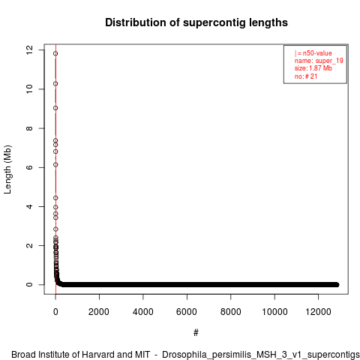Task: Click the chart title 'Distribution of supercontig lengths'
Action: (x=196, y=22)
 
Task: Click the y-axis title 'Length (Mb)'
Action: (x=7, y=169)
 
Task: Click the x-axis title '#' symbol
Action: (x=196, y=333)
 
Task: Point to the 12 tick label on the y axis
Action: (x=29, y=49)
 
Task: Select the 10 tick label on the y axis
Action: (x=29, y=89)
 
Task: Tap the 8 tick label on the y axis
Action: (x=29, y=128)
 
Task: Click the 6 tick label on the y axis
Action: (x=29, y=167)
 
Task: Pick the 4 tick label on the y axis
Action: (x=29, y=206)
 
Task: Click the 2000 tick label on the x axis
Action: (x=99, y=312)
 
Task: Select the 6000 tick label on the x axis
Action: (x=187, y=312)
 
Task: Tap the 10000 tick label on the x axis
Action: (x=274, y=312)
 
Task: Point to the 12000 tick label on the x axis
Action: (x=318, y=312)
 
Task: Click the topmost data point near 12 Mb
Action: (x=55, y=53)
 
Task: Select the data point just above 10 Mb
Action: (x=55, y=83)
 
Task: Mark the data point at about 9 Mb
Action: (x=55, y=108)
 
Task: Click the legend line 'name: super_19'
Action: (x=319, y=61)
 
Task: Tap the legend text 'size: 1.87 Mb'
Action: (x=313, y=68)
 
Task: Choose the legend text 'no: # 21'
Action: (x=306, y=76)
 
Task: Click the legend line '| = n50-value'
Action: (x=313, y=53)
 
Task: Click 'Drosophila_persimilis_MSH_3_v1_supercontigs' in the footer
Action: (x=261, y=355)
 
